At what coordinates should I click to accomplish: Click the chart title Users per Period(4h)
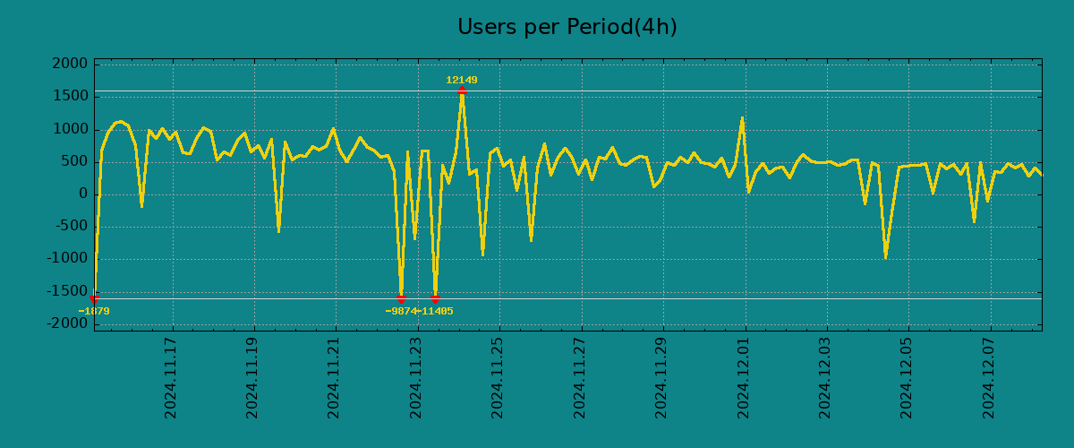tap(567, 27)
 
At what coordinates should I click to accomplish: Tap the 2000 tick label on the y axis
tap(70, 64)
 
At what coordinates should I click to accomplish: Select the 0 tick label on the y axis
tap(83, 194)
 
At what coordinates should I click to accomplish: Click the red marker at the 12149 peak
tap(462, 90)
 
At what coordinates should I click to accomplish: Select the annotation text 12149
tap(462, 80)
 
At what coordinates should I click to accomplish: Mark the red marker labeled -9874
tap(401, 298)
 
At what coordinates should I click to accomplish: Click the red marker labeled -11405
tap(435, 298)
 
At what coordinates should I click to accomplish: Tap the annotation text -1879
tap(94, 311)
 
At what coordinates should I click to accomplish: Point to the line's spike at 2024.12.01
tap(742, 118)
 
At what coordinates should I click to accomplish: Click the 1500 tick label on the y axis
tap(70, 96)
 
